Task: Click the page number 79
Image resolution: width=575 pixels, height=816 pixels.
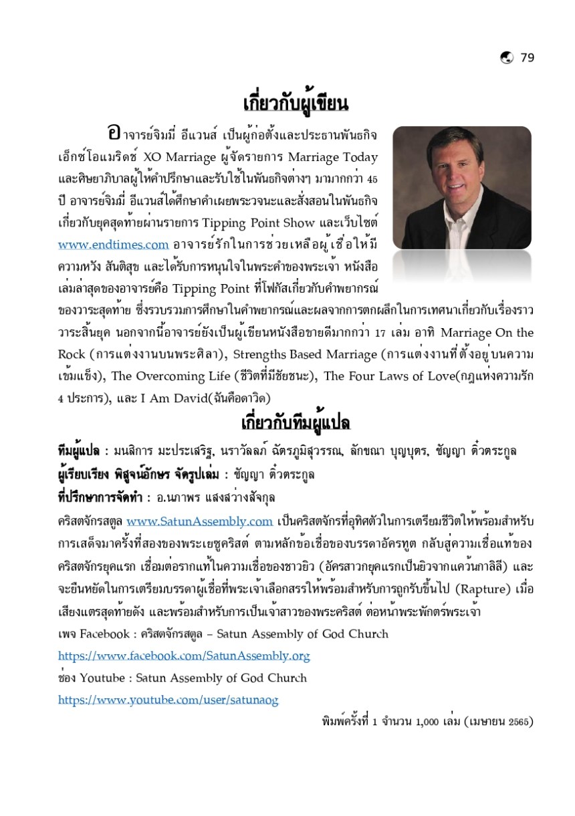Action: [x=527, y=57]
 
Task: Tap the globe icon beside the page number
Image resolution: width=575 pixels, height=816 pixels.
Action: [x=506, y=57]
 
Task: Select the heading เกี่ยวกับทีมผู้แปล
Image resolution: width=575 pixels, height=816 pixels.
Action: [x=296, y=424]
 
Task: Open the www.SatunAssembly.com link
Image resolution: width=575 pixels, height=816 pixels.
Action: [x=199, y=521]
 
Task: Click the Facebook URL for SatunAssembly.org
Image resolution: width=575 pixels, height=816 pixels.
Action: [x=184, y=656]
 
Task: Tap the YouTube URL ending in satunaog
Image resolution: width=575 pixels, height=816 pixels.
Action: [x=168, y=700]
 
